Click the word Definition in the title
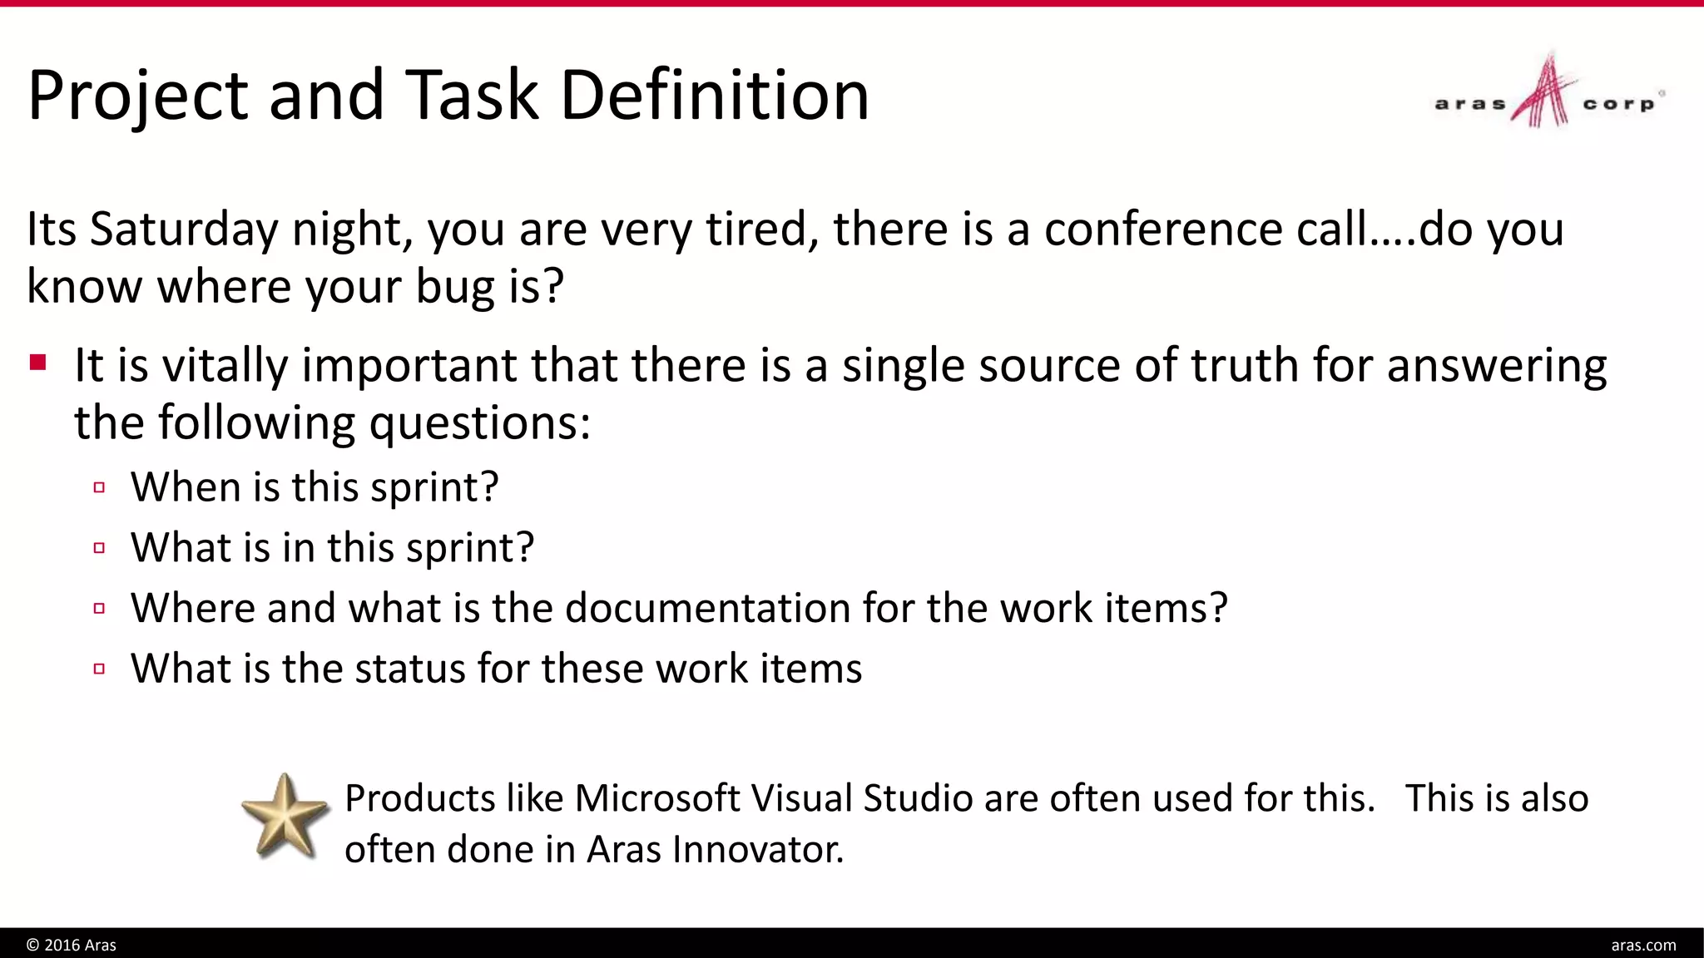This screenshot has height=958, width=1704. (715, 95)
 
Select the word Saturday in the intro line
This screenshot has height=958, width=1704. (184, 230)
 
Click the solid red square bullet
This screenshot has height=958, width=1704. (37, 363)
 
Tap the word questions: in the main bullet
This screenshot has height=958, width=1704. (479, 423)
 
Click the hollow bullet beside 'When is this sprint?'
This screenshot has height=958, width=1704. (100, 487)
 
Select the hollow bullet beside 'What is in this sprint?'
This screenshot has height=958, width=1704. (100, 548)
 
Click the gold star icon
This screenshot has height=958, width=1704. (285, 817)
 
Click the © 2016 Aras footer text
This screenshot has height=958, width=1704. (72, 945)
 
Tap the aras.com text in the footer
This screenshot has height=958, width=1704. (1643, 945)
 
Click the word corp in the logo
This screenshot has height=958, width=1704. (1617, 105)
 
